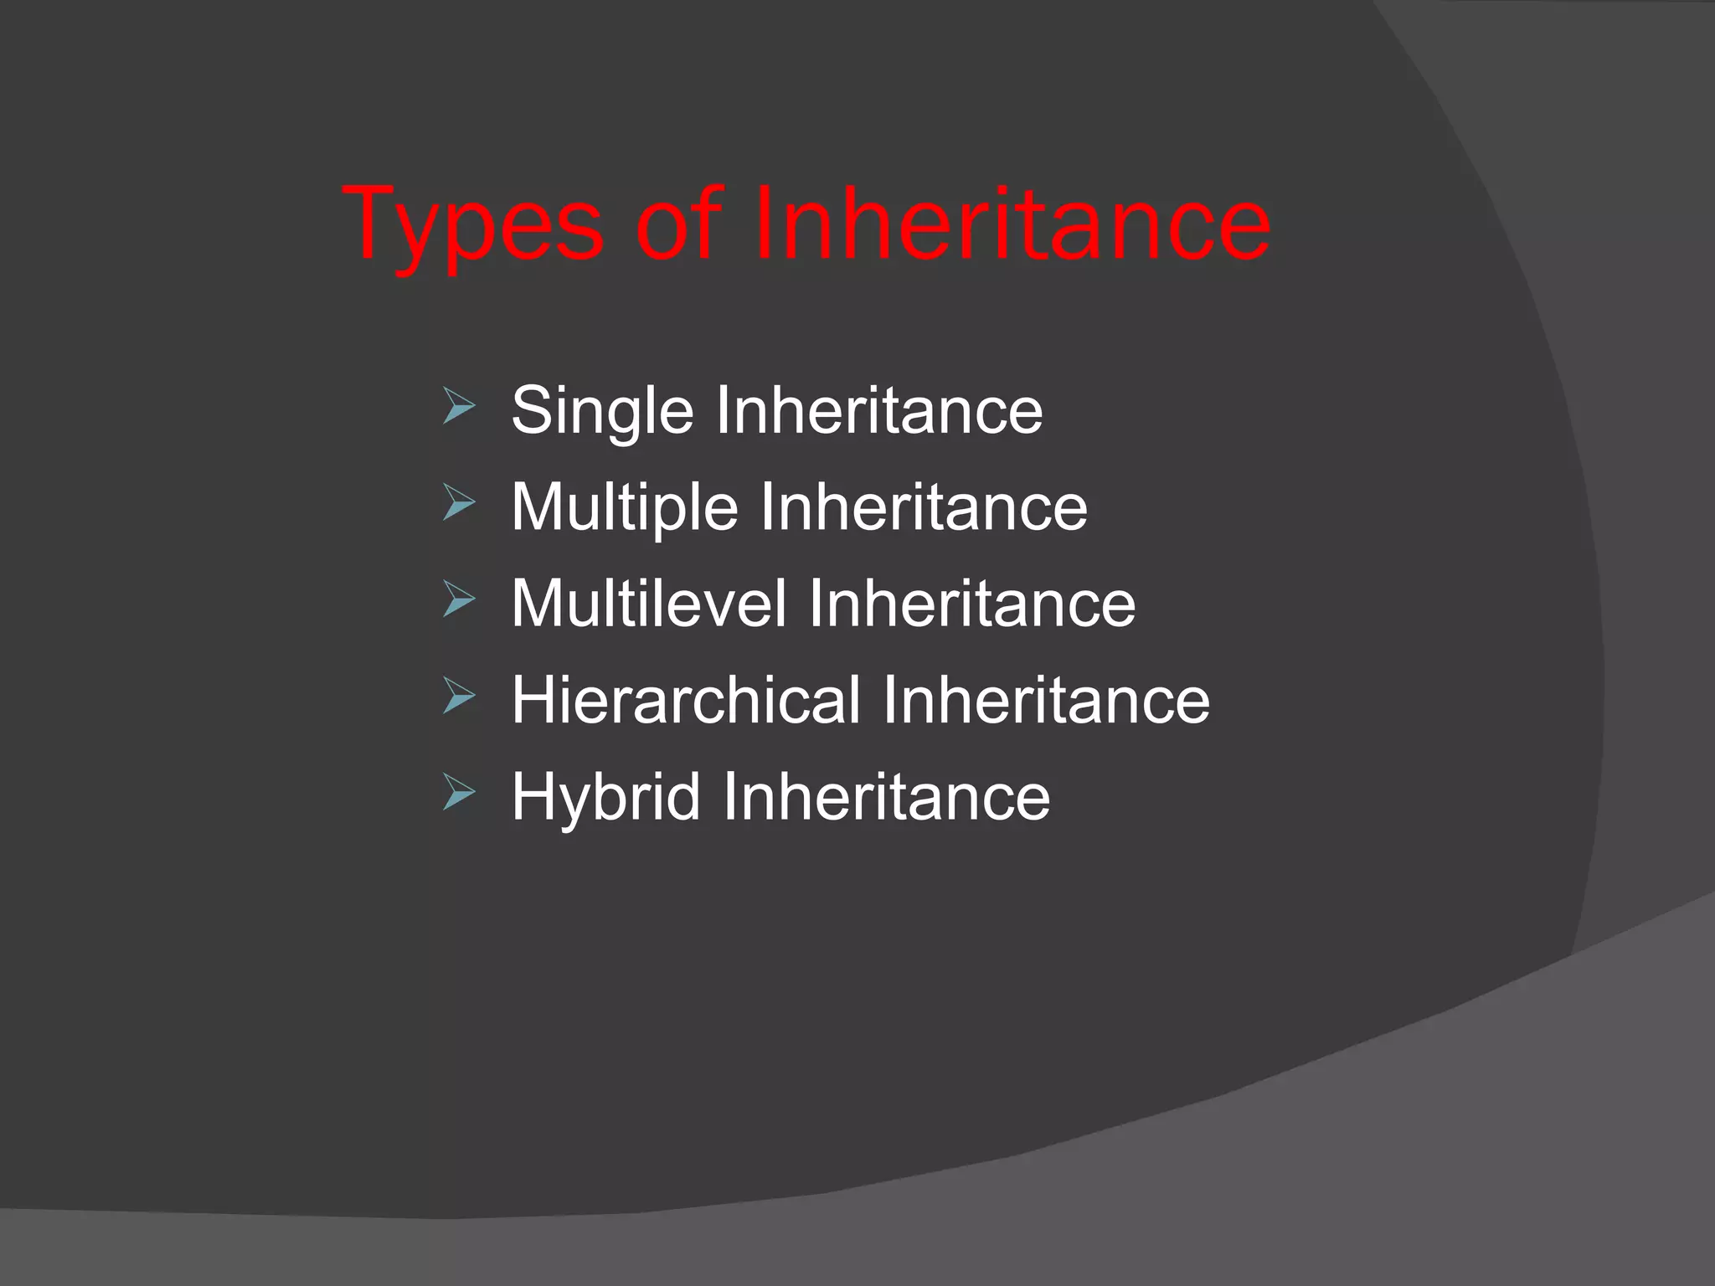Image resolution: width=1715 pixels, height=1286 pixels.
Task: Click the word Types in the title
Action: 473,224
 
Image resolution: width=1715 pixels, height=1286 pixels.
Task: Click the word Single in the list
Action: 602,410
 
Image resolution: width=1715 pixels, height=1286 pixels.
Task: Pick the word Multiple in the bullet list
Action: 625,507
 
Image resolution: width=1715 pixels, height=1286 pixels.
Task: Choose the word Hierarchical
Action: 686,699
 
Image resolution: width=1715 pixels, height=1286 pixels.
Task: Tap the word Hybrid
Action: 605,796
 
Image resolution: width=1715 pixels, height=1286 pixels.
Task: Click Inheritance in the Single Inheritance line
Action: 878,410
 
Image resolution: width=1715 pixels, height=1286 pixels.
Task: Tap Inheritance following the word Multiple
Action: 924,507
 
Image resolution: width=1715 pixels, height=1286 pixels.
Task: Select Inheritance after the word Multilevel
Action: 971,603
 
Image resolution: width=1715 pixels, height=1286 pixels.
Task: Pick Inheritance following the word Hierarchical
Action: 1046,699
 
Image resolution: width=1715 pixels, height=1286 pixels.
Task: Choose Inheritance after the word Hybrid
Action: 886,796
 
